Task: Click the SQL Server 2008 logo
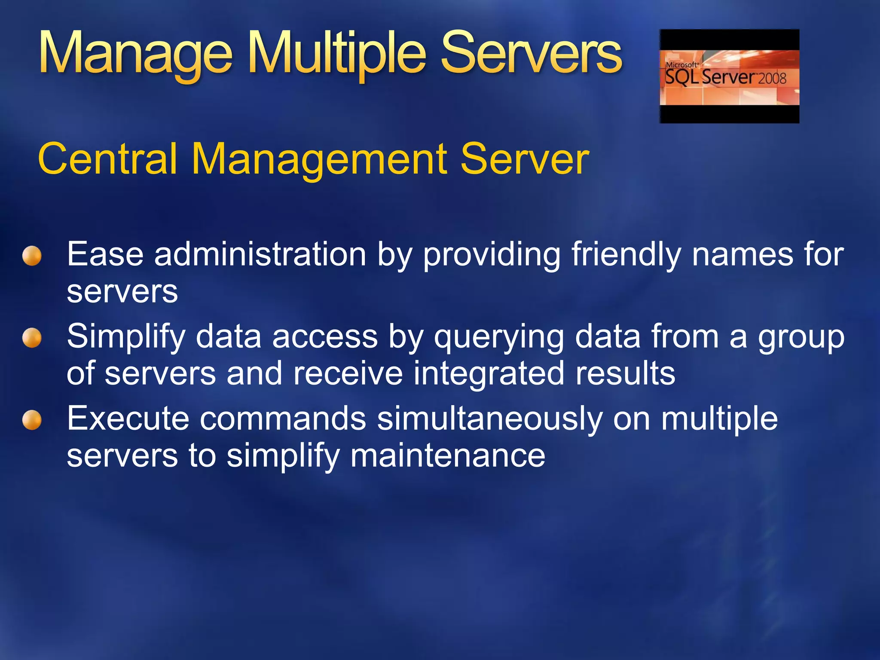click(x=729, y=76)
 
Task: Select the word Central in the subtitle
click(x=107, y=159)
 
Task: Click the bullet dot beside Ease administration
click(x=32, y=256)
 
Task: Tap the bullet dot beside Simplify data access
click(x=32, y=338)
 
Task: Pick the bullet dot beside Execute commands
click(x=32, y=420)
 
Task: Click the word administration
click(x=260, y=254)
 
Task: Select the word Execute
click(x=128, y=419)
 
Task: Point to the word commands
click(x=283, y=419)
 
